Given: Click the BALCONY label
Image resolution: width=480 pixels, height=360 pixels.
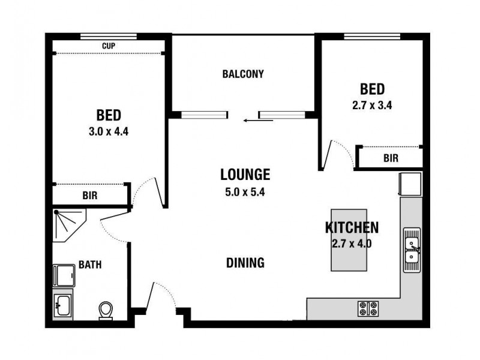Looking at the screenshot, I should [243, 74].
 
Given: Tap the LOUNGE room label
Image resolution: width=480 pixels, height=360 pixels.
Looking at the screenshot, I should [245, 175].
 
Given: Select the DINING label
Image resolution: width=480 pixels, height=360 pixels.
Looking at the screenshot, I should [245, 262].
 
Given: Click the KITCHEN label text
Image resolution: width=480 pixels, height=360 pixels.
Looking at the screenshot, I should [352, 227].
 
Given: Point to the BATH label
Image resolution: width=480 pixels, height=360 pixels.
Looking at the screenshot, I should [89, 265].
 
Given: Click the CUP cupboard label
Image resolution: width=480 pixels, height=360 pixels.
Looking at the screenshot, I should [109, 46].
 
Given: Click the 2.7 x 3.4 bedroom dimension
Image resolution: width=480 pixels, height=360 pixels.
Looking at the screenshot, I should [372, 104].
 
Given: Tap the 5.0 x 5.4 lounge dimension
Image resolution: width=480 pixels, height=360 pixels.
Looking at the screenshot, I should [245, 193].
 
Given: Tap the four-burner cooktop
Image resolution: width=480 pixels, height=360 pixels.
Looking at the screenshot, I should [368, 308].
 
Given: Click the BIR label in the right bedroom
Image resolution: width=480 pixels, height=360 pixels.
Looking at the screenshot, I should [391, 158].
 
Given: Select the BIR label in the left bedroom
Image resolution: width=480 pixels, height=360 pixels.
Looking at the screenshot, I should [89, 195].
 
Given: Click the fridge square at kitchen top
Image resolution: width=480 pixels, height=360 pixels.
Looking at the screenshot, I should [412, 182].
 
